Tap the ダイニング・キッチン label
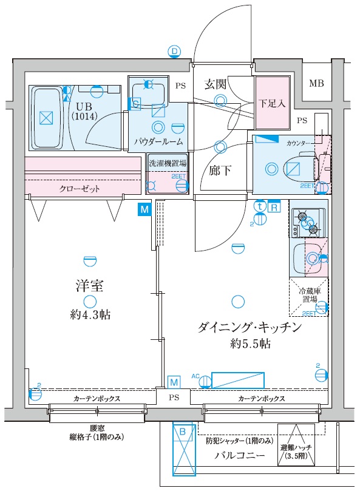(x=250, y=327)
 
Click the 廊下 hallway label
(x=220, y=171)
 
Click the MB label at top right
(x=316, y=83)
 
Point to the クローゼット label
(x=80, y=189)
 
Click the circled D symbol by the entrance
(x=175, y=52)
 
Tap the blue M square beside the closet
(x=144, y=210)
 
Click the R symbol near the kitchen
(x=274, y=206)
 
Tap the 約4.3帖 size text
(x=89, y=315)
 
